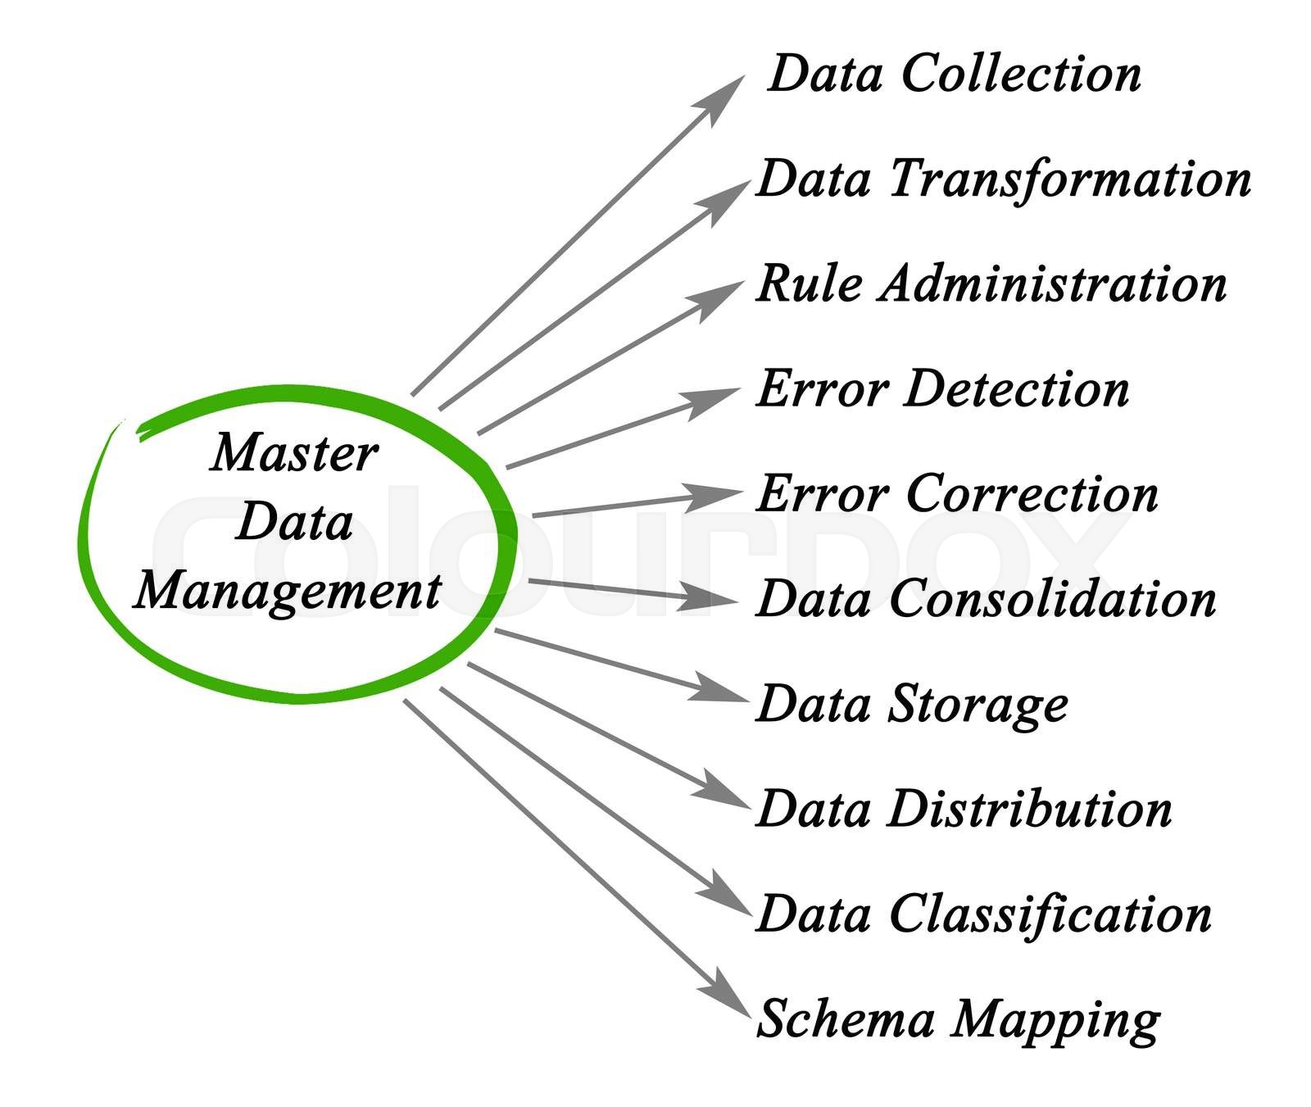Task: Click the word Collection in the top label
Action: (1021, 74)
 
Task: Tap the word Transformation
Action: (1070, 179)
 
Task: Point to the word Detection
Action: (1017, 389)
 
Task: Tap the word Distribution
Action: (1031, 810)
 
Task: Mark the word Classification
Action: (1050, 914)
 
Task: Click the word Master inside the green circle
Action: (293, 454)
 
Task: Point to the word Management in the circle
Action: (288, 592)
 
